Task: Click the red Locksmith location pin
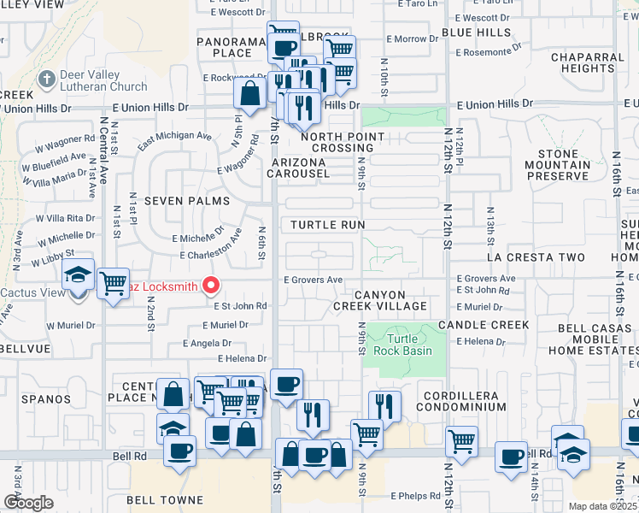click(209, 286)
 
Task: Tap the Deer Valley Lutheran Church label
click(103, 80)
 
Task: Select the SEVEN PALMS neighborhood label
click(187, 200)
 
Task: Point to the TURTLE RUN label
click(327, 224)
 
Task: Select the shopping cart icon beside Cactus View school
click(113, 282)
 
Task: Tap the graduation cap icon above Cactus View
click(78, 275)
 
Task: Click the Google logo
click(28, 502)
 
